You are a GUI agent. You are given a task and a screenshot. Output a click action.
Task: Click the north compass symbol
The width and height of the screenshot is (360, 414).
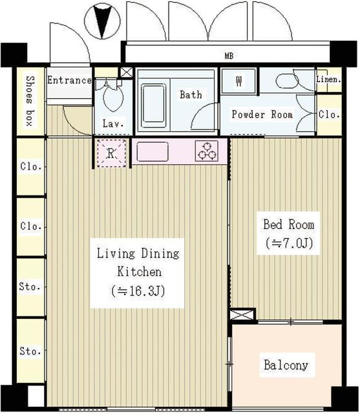pos(102,21)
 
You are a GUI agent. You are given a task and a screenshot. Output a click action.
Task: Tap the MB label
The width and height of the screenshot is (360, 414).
pos(229,56)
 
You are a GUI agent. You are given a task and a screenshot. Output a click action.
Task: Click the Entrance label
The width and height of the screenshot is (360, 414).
pos(69,80)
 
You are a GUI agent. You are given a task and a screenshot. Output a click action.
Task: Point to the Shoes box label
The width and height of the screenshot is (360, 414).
pos(30,101)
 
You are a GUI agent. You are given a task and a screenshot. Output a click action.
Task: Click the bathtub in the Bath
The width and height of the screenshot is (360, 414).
pos(153,105)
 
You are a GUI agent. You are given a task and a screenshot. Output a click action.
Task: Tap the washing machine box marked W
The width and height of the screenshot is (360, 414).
pos(238,81)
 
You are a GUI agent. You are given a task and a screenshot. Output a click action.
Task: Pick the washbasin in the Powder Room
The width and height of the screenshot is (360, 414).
pos(287,81)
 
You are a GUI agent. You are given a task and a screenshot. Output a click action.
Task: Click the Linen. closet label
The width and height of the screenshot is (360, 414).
pos(328,79)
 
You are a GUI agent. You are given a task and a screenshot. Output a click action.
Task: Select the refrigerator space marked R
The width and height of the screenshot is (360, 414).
pos(111,153)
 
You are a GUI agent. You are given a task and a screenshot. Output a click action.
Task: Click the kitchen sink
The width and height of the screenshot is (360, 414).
pos(153,151)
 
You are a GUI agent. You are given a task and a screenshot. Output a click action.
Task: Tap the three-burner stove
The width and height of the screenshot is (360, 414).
pos(207,151)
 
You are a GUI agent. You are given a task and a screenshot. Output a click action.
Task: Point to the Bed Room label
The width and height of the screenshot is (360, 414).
pos(288,224)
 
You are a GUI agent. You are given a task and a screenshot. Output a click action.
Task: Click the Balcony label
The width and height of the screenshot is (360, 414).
pos(286,365)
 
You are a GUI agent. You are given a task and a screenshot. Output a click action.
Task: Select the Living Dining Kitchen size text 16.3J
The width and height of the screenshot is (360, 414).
pos(138,291)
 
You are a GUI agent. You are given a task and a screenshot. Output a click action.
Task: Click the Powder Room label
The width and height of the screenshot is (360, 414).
pos(262,114)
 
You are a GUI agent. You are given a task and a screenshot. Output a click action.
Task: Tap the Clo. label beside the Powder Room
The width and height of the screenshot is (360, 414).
pos(329,114)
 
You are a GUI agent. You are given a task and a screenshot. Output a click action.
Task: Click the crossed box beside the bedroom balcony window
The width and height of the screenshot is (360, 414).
pos(242,315)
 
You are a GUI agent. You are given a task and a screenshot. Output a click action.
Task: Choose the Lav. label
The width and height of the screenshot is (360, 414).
pos(113,124)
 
